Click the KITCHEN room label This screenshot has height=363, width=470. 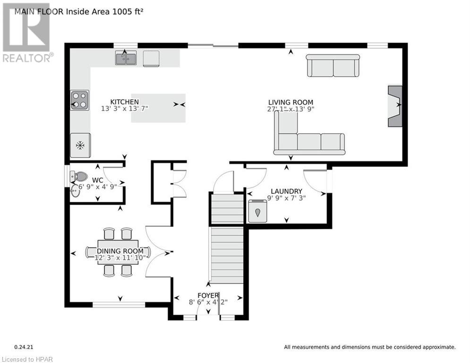[124, 102]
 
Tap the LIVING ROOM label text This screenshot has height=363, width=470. [291, 102]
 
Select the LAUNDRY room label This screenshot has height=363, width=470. [286, 191]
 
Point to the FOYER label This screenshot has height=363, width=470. [208, 295]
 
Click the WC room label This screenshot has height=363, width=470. [97, 180]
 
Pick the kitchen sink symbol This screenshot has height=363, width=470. [126, 58]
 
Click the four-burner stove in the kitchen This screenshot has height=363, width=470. [80, 100]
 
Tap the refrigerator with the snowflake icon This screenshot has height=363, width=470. [80, 146]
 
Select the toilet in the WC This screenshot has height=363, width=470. [79, 176]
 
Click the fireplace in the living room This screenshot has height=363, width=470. [395, 106]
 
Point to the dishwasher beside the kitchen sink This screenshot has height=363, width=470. [151, 59]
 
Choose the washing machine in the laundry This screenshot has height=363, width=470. [257, 211]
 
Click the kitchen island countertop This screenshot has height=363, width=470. [158, 108]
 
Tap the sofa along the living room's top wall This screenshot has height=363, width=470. [333, 65]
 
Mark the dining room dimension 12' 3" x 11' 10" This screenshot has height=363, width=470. [120, 258]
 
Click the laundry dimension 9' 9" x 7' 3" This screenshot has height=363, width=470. [286, 198]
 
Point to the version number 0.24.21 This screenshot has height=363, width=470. [24, 347]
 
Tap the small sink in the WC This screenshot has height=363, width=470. [75, 191]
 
